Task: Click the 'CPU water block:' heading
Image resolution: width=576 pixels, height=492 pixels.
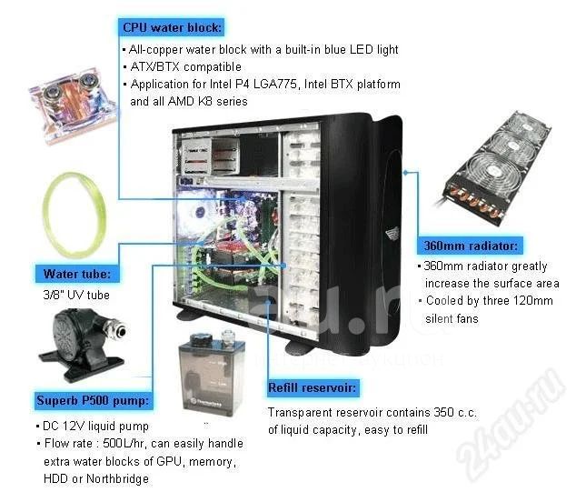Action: point(172,27)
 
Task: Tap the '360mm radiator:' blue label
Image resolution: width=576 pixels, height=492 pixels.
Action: point(471,246)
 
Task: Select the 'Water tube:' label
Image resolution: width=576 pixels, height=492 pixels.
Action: point(77,274)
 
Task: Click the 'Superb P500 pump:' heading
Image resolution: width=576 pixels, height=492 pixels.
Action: point(93,400)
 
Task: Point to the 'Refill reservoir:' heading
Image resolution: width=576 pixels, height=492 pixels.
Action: point(313,388)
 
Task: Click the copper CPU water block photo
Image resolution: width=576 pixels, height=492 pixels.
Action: point(73,103)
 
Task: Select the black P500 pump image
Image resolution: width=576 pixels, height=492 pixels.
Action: point(83,344)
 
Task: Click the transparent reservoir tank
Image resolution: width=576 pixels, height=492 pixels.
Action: point(212,375)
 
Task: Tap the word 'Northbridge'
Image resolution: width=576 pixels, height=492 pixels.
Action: point(117,478)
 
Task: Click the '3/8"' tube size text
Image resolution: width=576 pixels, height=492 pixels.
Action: point(53,295)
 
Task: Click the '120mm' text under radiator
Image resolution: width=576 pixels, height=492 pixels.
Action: point(533,301)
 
